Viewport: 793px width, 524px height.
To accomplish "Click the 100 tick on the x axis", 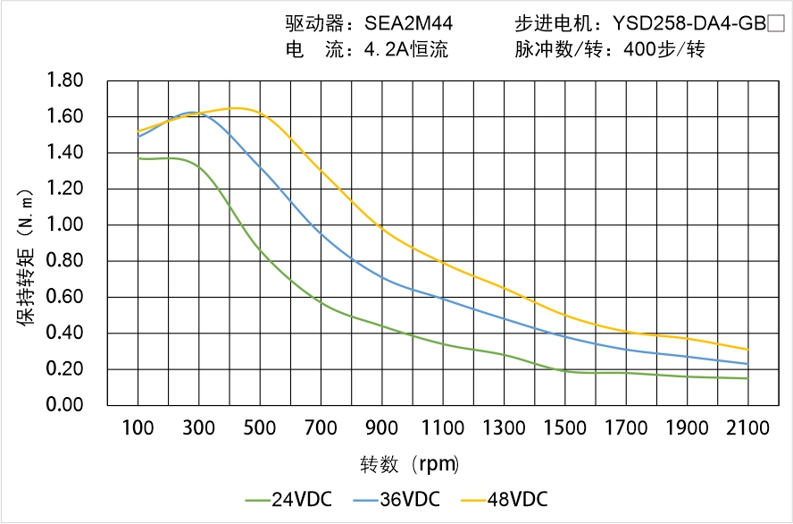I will tap(138, 428).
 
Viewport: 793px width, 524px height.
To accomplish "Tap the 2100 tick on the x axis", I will tap(747, 428).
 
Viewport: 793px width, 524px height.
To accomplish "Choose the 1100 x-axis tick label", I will tap(443, 428).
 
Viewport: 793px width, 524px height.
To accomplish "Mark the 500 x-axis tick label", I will tap(260, 428).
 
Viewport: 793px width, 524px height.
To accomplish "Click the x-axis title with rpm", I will tap(410, 464).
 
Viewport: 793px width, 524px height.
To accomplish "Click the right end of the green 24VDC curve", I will tap(747, 378).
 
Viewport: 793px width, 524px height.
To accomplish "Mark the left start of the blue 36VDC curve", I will tap(138, 136).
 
